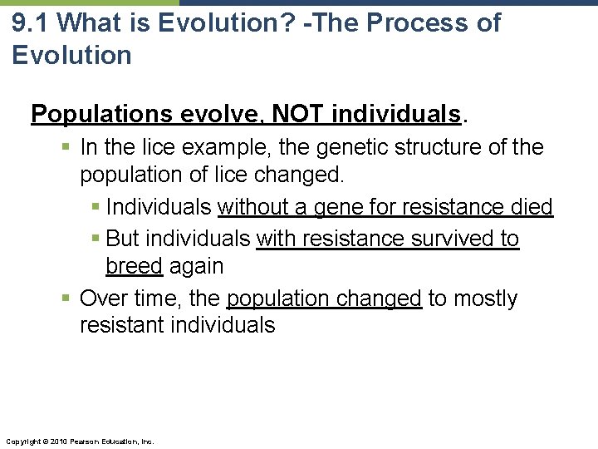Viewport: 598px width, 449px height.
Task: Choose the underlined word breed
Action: click(x=134, y=266)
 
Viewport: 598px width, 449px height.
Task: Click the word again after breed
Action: click(x=196, y=266)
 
